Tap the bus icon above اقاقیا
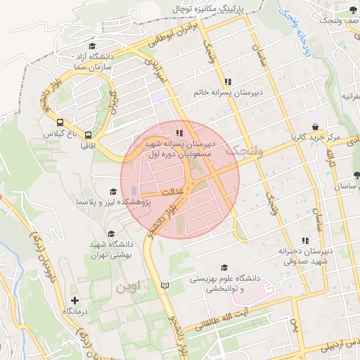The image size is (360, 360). (89, 135)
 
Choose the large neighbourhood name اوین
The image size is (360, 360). (130, 287)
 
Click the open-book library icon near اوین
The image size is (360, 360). (165, 285)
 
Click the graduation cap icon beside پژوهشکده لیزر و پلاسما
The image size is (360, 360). (112, 191)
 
